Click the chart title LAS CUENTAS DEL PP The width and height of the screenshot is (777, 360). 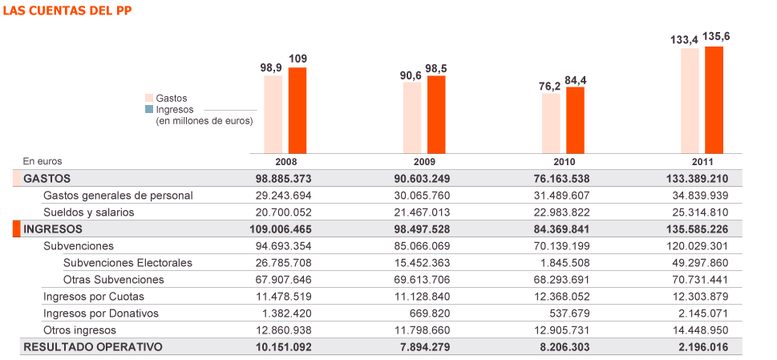pos(68,10)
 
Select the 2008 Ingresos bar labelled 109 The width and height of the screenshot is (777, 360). pos(297,110)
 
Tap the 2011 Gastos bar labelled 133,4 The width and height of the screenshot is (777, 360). pos(690,100)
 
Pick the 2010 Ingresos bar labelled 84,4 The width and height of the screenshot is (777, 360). pos(575,119)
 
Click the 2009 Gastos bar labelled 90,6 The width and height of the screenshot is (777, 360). pos(412,117)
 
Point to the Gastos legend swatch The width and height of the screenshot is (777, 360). pos(149,98)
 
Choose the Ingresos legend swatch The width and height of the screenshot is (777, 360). pos(149,109)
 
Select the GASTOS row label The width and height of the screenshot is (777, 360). pos(47,178)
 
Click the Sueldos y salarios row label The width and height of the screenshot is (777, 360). pos(88,212)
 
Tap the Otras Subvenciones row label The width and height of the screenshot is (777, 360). pos(113,280)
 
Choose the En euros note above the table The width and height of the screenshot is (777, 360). pos(42,161)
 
